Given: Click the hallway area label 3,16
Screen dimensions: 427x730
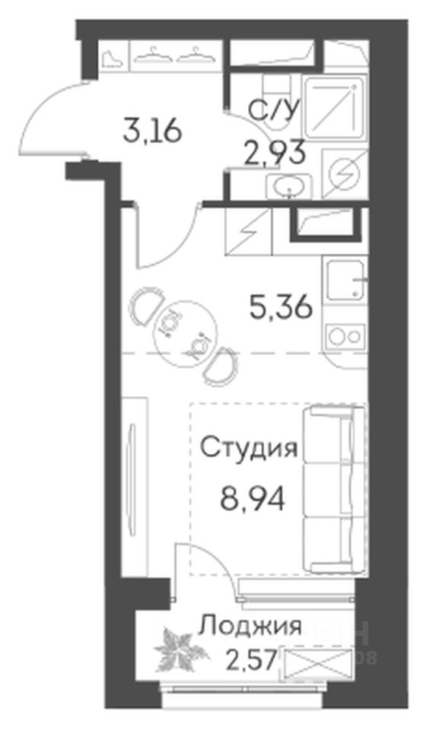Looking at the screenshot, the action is [x=151, y=132].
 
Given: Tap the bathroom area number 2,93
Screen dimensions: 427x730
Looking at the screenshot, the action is [x=276, y=152].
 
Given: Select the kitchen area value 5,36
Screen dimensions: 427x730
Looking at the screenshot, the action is [x=281, y=307].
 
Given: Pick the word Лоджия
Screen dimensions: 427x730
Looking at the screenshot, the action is [x=250, y=627].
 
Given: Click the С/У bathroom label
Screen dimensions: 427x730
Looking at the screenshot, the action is [x=272, y=113].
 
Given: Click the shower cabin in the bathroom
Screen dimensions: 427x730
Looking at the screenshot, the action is [x=333, y=107].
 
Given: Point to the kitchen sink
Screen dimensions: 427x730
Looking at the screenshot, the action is [x=346, y=281].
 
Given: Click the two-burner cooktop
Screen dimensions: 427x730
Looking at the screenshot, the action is [x=346, y=335].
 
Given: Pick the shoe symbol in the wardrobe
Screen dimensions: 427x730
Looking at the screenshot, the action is [x=113, y=59].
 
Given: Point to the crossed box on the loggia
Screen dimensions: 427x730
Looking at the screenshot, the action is [x=317, y=661].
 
